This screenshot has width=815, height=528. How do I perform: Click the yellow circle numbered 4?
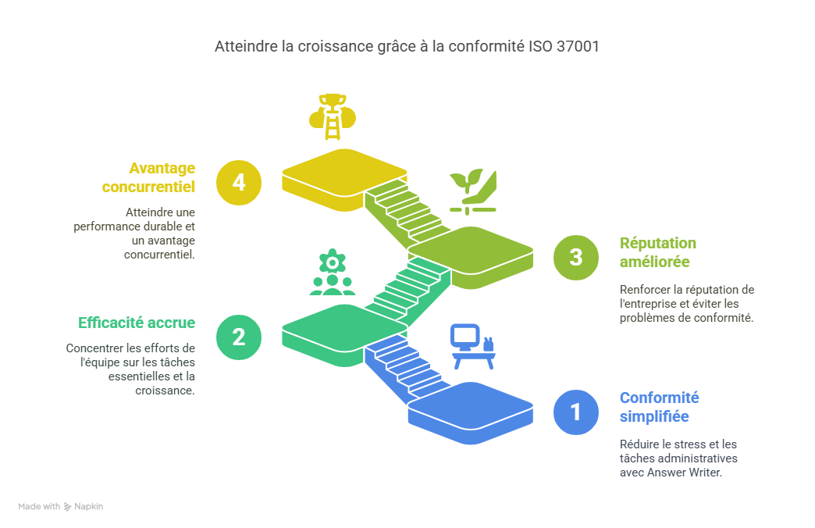tap(239, 183)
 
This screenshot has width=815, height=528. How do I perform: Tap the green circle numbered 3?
tap(576, 257)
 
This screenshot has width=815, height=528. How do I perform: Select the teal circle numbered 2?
tap(239, 337)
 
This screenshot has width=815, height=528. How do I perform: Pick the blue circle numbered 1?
tap(576, 412)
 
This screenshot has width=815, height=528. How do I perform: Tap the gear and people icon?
tap(333, 272)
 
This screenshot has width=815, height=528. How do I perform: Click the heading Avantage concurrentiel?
tap(149, 177)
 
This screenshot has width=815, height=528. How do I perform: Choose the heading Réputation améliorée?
tap(658, 252)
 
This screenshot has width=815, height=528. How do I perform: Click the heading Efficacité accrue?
tap(137, 323)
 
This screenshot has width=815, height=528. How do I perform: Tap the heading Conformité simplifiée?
tap(660, 407)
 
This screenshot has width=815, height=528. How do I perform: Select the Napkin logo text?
tap(88, 507)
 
